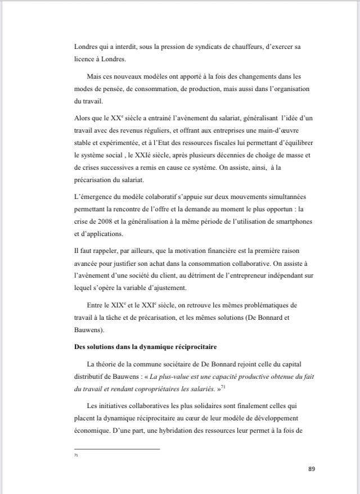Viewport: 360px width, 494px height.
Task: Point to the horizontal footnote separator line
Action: click(x=117, y=448)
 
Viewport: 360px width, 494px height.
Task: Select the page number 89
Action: click(x=313, y=468)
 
